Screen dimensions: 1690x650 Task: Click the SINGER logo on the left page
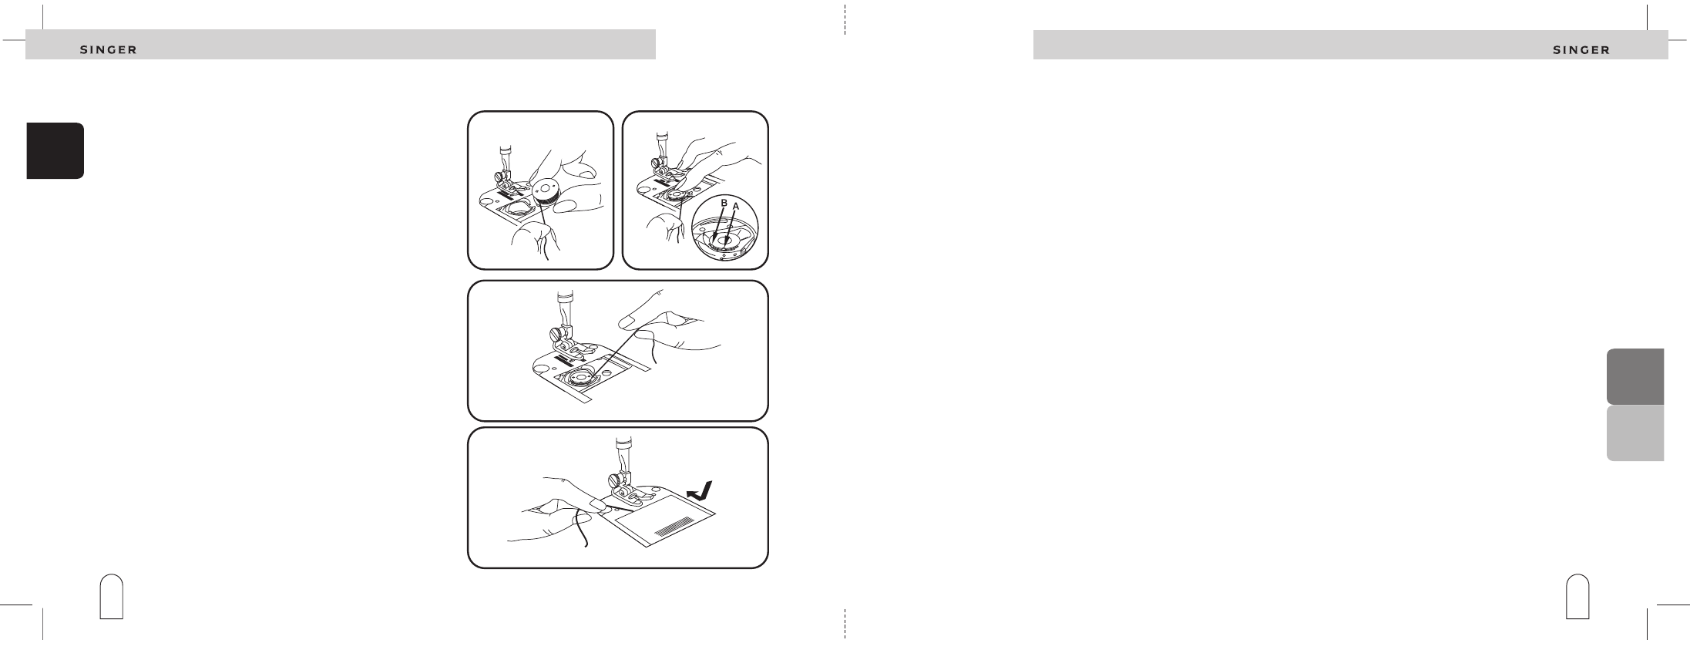coord(109,50)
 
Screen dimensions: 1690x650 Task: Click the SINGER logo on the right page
coord(1581,50)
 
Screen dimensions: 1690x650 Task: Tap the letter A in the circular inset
coord(736,207)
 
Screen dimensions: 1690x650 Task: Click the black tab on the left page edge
coord(55,150)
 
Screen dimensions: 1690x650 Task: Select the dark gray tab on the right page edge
coord(1635,377)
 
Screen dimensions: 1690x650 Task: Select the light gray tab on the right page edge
coord(1635,433)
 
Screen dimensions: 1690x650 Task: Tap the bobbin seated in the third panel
coord(581,382)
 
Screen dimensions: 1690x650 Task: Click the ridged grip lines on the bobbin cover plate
coord(672,531)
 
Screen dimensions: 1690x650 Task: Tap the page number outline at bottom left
coord(113,596)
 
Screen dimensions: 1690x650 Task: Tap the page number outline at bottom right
coord(1577,596)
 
